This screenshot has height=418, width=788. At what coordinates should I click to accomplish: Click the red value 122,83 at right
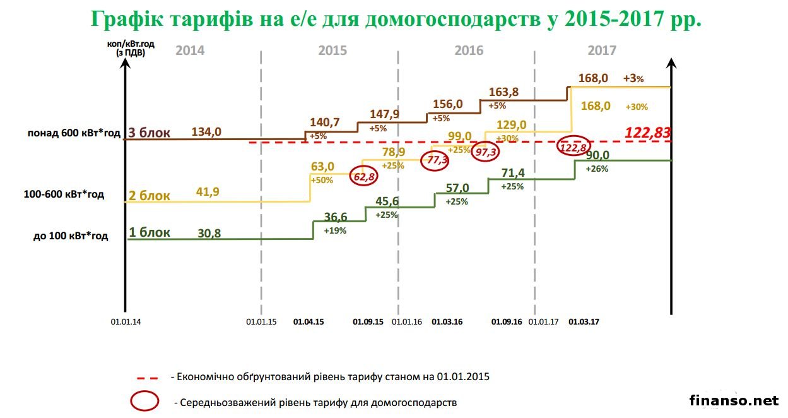pos(647,133)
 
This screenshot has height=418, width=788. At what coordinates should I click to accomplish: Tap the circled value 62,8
pos(364,177)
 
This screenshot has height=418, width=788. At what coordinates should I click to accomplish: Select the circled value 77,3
pos(438,160)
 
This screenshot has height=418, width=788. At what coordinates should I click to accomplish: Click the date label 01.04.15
pos(309,321)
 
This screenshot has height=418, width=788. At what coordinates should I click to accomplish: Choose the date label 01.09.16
pos(507,321)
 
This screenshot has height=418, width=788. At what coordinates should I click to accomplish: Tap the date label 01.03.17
pos(584,321)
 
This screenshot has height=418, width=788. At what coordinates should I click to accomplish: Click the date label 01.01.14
pos(126,321)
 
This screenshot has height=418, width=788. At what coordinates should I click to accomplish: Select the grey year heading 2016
pos(469,51)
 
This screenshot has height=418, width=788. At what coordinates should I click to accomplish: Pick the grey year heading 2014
pos(190,51)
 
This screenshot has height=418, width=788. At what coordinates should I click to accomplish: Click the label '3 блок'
pos(149,132)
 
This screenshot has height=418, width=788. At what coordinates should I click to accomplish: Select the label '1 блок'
pos(150,232)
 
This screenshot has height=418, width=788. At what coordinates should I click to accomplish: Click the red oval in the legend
pos(144,401)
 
